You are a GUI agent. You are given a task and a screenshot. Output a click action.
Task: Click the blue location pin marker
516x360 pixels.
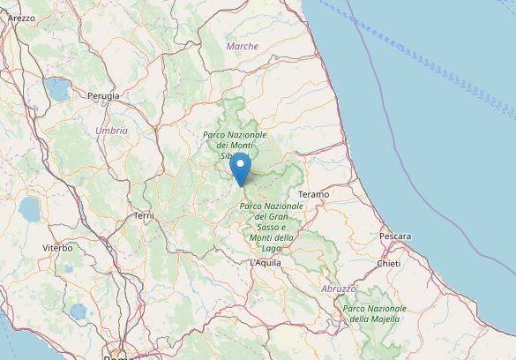[x=239, y=168]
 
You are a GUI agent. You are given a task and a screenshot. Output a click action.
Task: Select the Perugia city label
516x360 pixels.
[x=103, y=94]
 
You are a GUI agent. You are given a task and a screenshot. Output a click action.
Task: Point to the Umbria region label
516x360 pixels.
[x=112, y=131]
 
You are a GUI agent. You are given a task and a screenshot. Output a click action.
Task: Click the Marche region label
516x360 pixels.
[x=243, y=46]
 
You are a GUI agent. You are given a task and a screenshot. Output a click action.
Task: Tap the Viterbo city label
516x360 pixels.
[x=57, y=248]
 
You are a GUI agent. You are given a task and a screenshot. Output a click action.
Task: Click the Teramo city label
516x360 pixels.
[x=313, y=193]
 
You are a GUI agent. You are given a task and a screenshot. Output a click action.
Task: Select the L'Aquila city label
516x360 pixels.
[x=265, y=263]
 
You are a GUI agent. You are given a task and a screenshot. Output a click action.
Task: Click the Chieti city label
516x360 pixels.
[x=388, y=263]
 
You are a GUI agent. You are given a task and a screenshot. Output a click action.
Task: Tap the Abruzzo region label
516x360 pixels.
[x=339, y=289]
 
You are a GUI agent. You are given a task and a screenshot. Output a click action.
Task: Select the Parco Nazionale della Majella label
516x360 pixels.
[x=373, y=313]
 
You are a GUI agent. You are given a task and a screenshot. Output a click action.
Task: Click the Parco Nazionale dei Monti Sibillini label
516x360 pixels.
[x=235, y=144]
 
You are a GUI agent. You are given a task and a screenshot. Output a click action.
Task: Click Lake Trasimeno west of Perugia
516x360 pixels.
[x=60, y=89]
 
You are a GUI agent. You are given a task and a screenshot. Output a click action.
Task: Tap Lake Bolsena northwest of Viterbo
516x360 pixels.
[x=29, y=209]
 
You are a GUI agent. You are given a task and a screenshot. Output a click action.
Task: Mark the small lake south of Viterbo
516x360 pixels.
[x=78, y=311]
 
